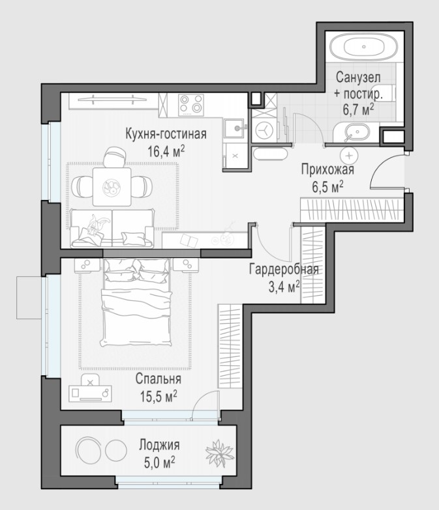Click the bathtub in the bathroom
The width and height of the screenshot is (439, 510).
click(364, 47)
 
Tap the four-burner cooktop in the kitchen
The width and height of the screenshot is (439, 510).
click(191, 105)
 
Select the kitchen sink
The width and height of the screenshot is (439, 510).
click(234, 128)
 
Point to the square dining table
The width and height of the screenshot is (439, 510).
click(112, 187)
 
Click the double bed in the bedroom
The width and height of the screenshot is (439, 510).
click(137, 302)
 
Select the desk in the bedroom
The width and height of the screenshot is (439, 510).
click(90, 393)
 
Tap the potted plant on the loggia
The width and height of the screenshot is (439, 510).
click(219, 453)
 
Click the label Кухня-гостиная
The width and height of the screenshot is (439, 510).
click(166, 134)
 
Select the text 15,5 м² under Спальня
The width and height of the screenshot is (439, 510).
click(159, 397)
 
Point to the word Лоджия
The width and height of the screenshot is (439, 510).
click(160, 445)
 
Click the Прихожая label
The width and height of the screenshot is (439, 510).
click(327, 169)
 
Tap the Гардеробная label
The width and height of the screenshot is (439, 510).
click(284, 269)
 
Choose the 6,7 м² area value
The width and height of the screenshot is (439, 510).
click(358, 109)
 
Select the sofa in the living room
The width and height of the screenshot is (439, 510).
click(112, 229)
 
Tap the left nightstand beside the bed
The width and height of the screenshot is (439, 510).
click(87, 265)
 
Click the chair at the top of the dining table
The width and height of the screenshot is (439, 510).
click(115, 157)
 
